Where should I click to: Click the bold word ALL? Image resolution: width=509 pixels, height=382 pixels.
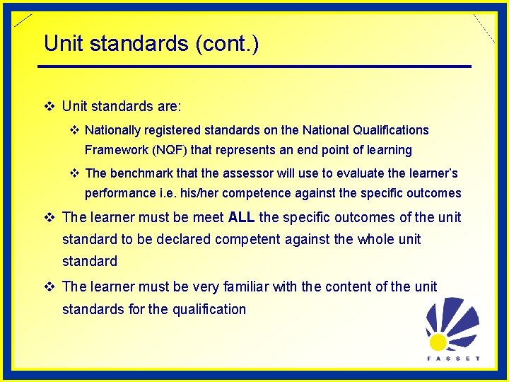(242, 217)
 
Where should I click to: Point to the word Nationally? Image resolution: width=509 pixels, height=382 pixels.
(114, 130)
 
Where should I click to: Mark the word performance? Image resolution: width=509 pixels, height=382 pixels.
(117, 193)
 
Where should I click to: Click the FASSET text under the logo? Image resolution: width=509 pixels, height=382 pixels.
(453, 358)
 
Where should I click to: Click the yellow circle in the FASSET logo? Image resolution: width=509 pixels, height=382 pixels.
(438, 342)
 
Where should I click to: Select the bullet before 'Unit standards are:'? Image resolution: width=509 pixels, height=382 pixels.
(49, 107)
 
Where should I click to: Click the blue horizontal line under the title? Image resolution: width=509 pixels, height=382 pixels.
(255, 66)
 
